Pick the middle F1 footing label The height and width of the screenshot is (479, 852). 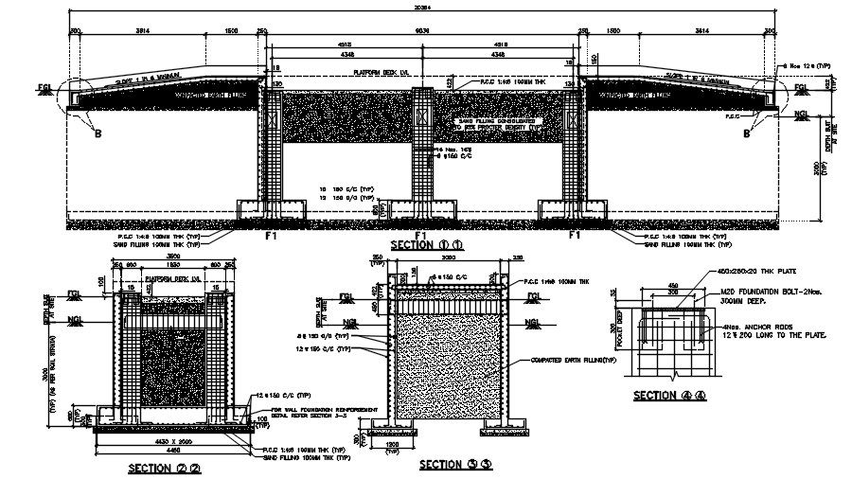[x=422, y=235]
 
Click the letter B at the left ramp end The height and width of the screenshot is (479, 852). [x=98, y=133]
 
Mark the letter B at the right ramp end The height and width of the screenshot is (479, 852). [x=746, y=133]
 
